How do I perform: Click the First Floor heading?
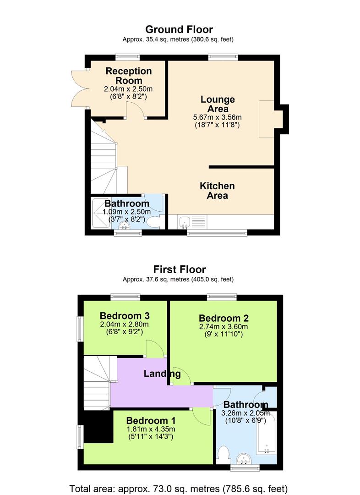click(x=180, y=269)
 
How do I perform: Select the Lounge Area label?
click(x=218, y=104)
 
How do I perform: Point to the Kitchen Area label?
click(x=217, y=191)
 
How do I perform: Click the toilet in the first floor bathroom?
click(x=224, y=456)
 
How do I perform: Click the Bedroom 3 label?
click(x=125, y=316)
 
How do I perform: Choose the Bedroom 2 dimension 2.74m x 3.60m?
click(x=223, y=327)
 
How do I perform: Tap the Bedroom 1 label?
click(x=151, y=420)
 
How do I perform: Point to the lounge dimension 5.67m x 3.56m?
click(x=218, y=117)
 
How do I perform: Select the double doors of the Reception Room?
click(x=78, y=88)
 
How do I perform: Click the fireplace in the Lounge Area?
click(x=267, y=119)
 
